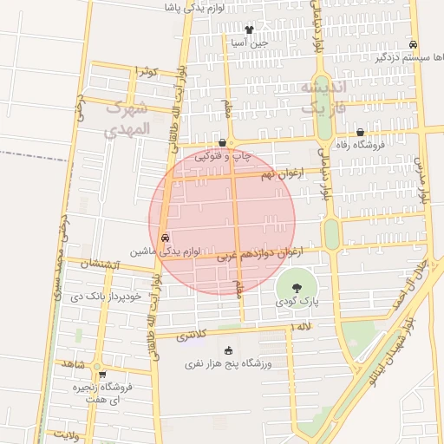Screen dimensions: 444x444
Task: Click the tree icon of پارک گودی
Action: tap(297, 287)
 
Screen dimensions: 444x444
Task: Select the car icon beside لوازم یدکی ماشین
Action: tap(165, 238)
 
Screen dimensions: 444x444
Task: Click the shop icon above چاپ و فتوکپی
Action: tap(223, 143)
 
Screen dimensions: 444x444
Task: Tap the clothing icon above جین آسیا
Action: tap(250, 29)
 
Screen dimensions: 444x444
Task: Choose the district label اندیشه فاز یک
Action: tap(323, 97)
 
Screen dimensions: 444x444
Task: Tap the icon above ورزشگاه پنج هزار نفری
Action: tap(229, 350)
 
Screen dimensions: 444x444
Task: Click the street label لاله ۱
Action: tap(303, 326)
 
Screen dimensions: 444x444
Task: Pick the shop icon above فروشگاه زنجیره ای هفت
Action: tap(103, 375)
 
